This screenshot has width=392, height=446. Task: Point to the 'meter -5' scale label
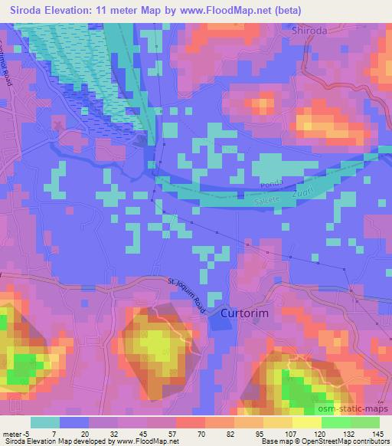[16, 433]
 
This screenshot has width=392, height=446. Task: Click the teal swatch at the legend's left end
[45, 422]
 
